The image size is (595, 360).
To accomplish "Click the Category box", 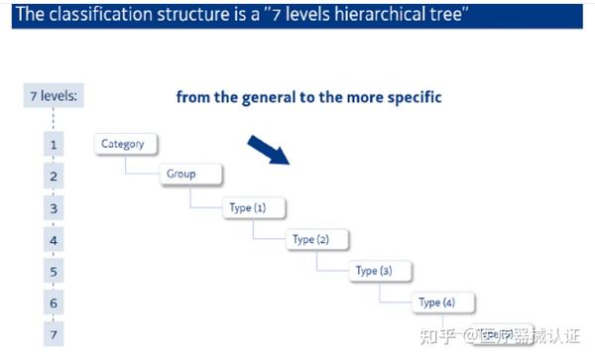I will coord(123,144).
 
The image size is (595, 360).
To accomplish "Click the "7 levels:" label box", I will coord(54,96).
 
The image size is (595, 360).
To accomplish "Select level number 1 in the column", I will coord(54,145).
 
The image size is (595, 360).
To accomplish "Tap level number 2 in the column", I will coord(54,177).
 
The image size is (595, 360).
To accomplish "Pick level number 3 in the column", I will coord(54,208).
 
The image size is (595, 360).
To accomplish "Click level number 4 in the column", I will coord(54,240).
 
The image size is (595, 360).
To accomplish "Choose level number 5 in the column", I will coord(54,272).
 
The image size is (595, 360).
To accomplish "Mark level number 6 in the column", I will coord(54,303).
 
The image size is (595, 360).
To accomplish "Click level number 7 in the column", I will coord(54,334).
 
